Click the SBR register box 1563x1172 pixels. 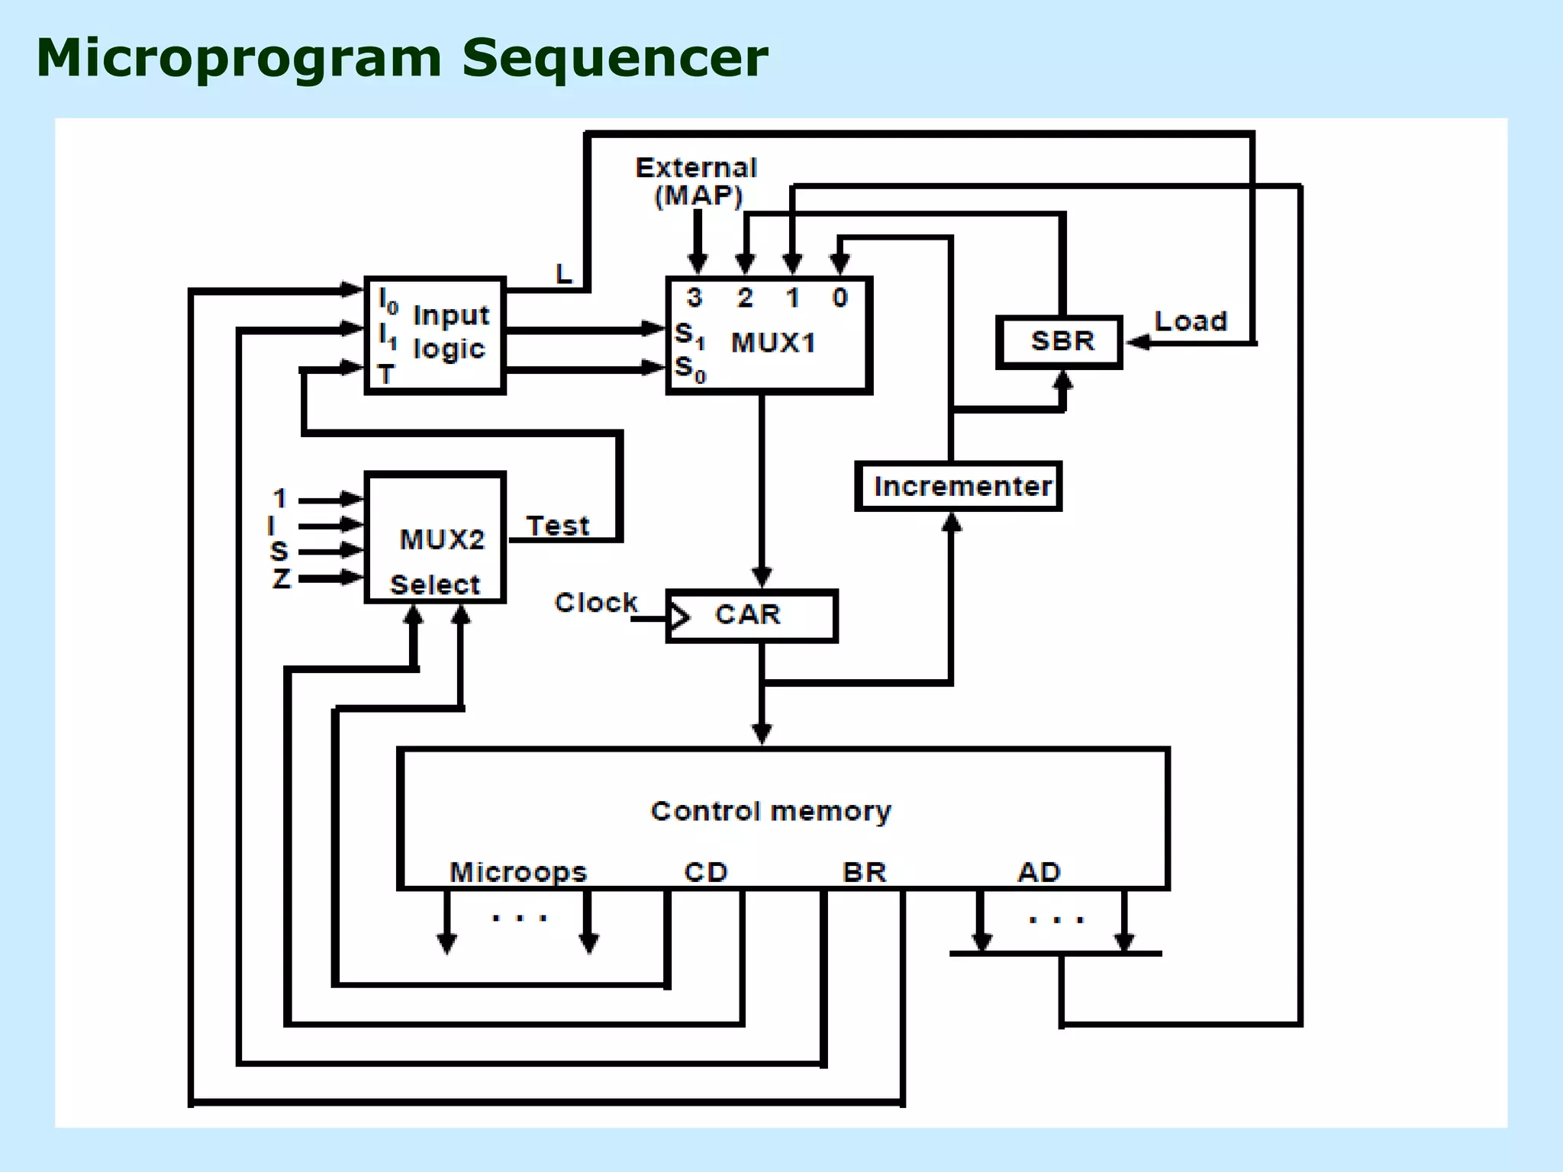click(1060, 341)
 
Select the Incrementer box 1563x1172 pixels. click(959, 486)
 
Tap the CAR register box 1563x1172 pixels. click(752, 615)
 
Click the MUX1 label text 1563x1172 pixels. click(773, 343)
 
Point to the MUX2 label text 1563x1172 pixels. click(442, 539)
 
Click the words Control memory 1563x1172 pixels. click(771, 810)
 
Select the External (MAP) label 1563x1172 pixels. click(697, 182)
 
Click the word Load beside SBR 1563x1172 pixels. click(1191, 321)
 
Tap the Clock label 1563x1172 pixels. click(595, 602)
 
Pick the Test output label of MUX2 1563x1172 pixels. click(558, 526)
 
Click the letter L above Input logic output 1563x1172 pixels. click(563, 273)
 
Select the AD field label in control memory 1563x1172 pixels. click(1039, 871)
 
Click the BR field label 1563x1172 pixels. click(864, 871)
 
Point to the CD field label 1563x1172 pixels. click(706, 871)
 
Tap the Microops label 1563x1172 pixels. click(518, 871)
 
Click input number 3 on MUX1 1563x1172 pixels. click(694, 298)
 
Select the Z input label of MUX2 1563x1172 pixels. click(281, 578)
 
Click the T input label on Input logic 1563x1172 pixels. click(386, 375)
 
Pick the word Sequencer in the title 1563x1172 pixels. click(615, 58)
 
